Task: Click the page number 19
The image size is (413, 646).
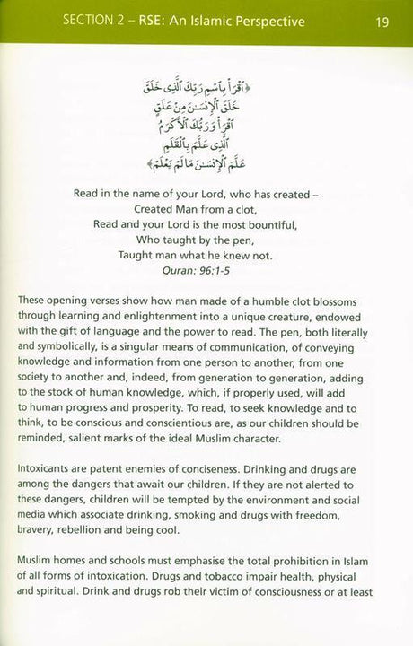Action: (x=382, y=21)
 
